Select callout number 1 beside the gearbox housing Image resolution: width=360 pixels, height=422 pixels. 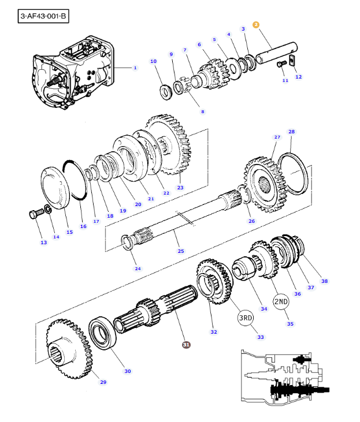tap(135, 68)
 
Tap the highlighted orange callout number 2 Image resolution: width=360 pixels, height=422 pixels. tap(256, 25)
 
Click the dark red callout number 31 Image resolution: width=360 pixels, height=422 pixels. tap(186, 345)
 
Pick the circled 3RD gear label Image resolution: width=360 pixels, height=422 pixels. tap(246, 318)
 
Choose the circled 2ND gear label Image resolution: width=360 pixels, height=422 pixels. tap(281, 301)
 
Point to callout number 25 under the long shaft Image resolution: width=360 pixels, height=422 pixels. tap(181, 251)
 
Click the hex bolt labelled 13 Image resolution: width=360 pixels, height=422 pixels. tap(34, 215)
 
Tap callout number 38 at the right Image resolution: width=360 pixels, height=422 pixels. tap(324, 281)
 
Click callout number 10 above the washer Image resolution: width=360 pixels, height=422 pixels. tap(153, 61)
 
